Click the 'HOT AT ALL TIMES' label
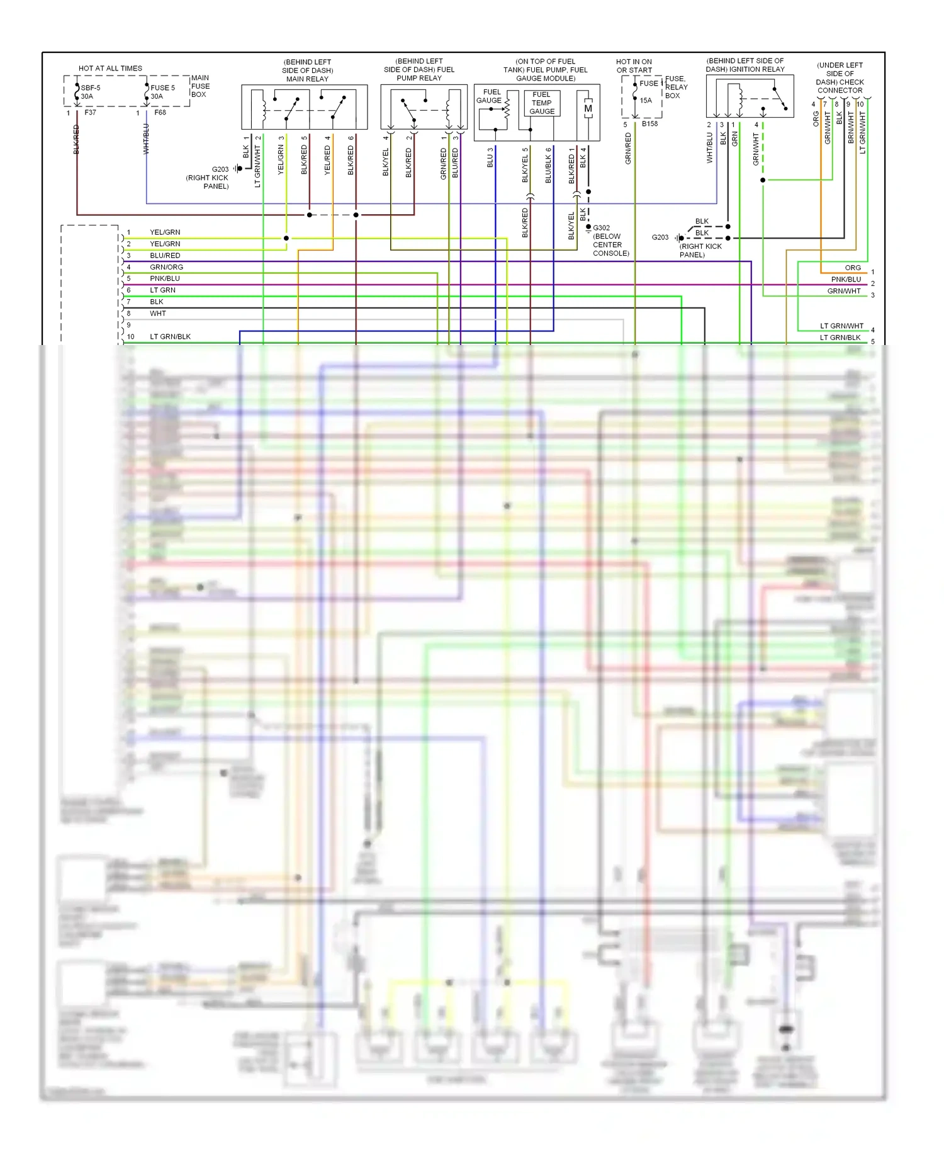(110, 68)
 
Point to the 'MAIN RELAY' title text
(307, 79)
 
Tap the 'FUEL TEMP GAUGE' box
(541, 103)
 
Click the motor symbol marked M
(588, 108)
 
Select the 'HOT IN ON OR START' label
(634, 66)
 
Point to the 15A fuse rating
(646, 100)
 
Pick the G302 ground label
(601, 228)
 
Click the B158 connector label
(649, 124)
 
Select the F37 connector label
(90, 113)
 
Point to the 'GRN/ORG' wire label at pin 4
(166, 267)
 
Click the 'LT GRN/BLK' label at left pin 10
(170, 337)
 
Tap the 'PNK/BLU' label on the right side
(845, 280)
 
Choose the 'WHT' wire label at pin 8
(158, 314)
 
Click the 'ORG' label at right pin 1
(853, 268)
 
